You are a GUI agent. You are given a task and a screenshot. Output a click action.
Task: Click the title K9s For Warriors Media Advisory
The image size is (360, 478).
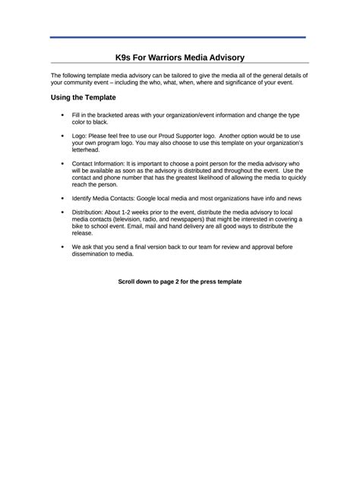coord(180,57)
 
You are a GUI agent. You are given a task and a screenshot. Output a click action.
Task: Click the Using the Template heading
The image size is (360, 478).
coord(83,98)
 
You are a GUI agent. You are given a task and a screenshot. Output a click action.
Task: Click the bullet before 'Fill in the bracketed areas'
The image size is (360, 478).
coord(61,115)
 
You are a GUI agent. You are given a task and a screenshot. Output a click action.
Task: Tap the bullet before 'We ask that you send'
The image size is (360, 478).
coord(61,247)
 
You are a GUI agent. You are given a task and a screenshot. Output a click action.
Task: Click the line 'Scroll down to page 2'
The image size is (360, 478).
coord(180,281)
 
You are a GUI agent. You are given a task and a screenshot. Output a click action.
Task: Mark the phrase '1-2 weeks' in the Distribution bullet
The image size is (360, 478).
coord(138,212)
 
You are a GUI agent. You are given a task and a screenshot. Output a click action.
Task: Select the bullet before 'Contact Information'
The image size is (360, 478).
coord(61,163)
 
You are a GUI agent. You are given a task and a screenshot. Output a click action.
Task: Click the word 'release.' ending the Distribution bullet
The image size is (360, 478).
coord(84,234)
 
